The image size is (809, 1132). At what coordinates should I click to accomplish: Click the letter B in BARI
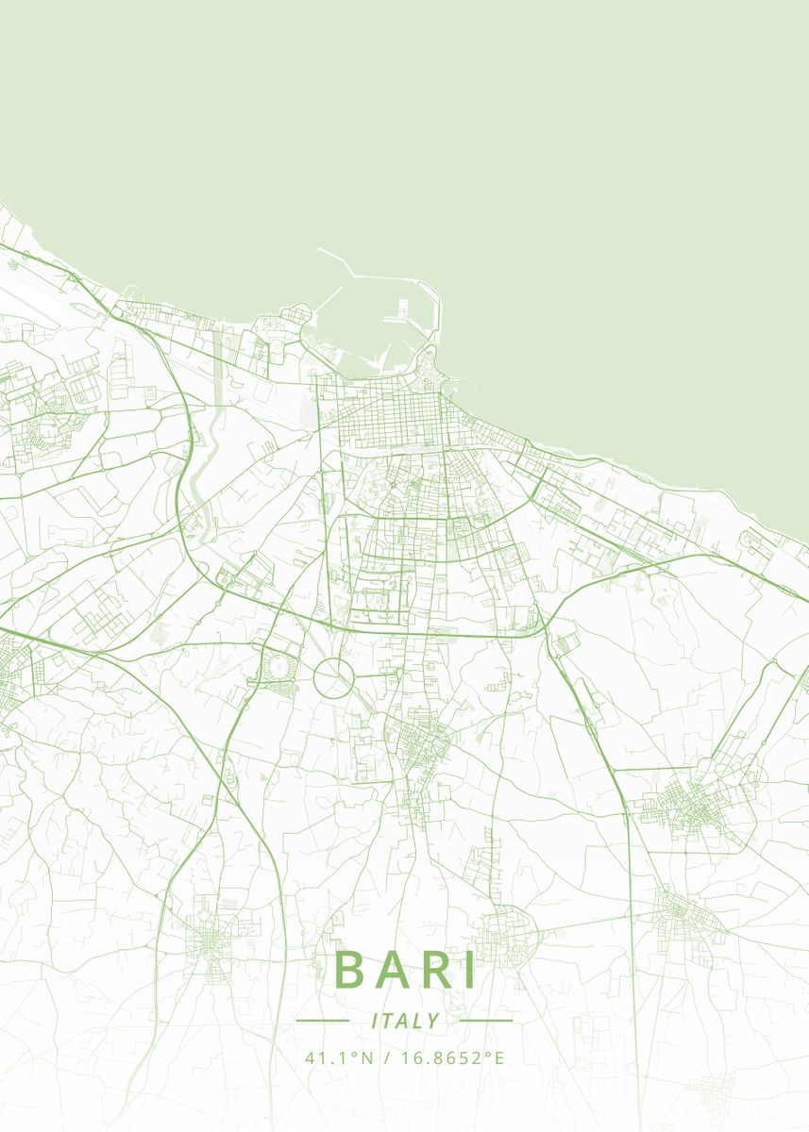(350, 970)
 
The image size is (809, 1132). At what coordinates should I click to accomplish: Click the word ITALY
(405, 1021)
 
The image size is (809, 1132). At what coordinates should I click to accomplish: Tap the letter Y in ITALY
(433, 1021)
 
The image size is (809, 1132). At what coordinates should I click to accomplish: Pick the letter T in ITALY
(389, 1021)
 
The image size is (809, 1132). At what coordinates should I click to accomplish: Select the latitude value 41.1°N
(339, 1057)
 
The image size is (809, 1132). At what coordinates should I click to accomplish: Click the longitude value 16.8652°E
(452, 1057)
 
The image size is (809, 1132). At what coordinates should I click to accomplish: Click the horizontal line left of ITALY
(323, 1021)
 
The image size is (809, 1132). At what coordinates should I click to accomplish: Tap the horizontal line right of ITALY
(485, 1021)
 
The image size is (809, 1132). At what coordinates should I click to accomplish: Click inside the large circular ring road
(333, 678)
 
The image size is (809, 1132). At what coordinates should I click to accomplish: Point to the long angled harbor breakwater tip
(321, 250)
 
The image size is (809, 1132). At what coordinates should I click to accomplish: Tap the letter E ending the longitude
(499, 1057)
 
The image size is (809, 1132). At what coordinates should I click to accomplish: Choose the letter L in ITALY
(418, 1021)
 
